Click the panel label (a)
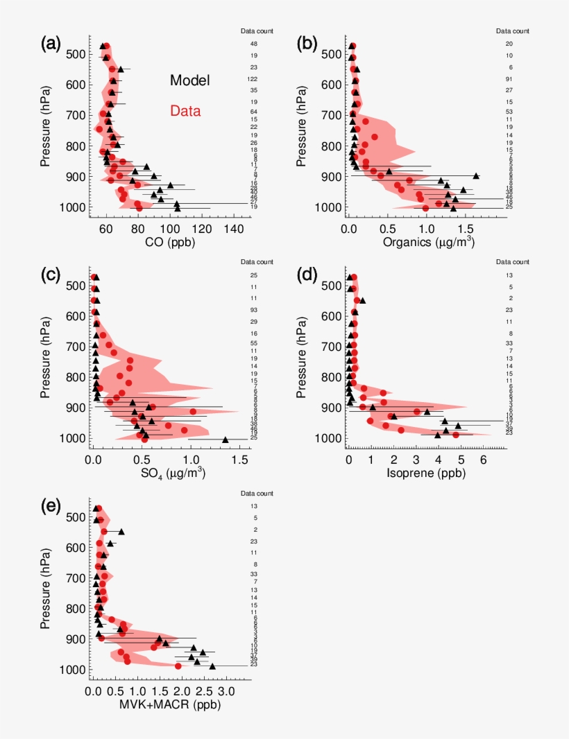point(51,44)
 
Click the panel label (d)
point(307,275)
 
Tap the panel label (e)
point(51,505)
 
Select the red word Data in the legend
point(189,110)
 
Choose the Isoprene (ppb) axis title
point(427,473)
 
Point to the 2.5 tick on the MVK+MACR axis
point(203,690)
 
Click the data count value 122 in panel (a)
point(253,79)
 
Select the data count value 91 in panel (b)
point(509,79)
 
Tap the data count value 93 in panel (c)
point(254,310)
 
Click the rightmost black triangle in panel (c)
point(226,440)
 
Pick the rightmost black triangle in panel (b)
point(477,176)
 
